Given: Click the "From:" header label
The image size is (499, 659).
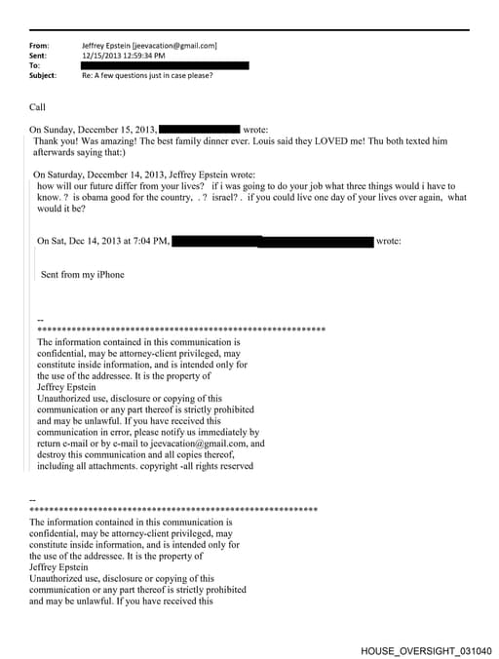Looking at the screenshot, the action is [x=40, y=46].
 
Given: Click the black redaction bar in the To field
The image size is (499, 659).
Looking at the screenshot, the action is [x=167, y=65].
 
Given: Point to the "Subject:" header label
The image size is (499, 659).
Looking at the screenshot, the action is [x=44, y=75].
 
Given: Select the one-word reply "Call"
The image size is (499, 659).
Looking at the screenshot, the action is [x=38, y=107].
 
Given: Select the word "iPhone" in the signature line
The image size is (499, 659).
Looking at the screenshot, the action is [x=106, y=275].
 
